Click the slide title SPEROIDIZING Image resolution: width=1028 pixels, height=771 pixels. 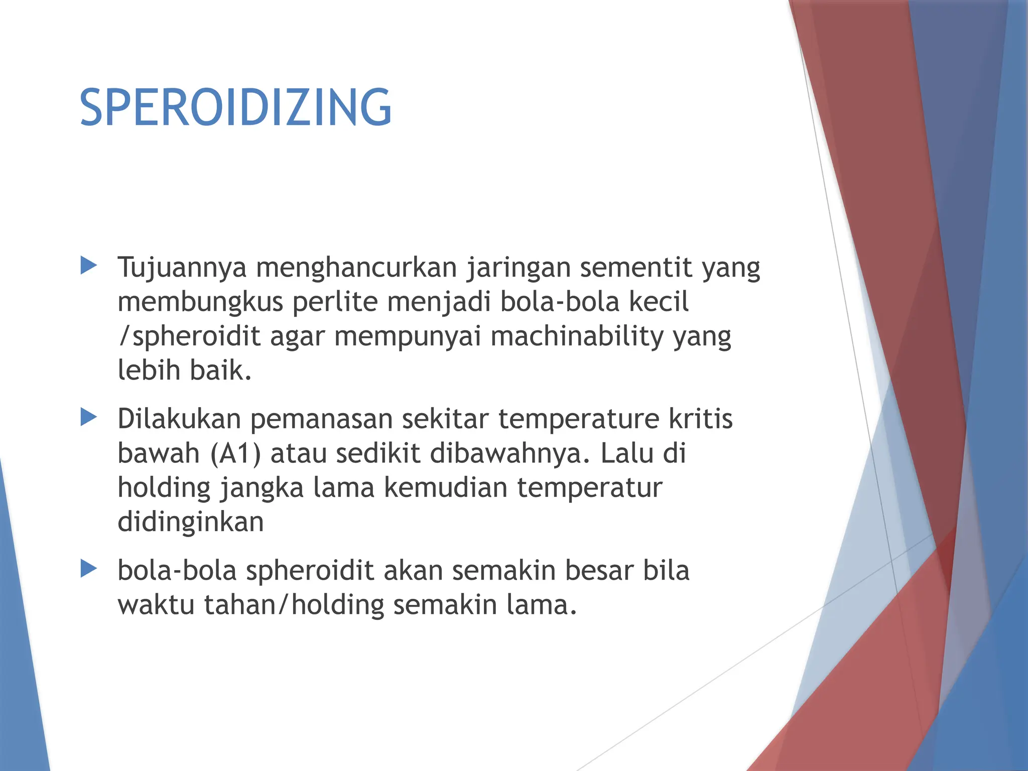(x=235, y=107)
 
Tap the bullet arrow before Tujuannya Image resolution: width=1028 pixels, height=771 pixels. (x=88, y=266)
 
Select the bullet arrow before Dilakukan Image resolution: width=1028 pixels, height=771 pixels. (x=88, y=417)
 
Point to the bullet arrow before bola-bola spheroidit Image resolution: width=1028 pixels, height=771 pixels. (x=88, y=569)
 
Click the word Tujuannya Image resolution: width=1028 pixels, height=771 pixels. (x=182, y=268)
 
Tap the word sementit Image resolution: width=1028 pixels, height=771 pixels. (x=635, y=267)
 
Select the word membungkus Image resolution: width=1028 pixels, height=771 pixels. (x=200, y=303)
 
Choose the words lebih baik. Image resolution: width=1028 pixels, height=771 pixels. (x=184, y=370)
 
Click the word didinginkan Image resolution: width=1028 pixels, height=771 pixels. (x=190, y=522)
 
